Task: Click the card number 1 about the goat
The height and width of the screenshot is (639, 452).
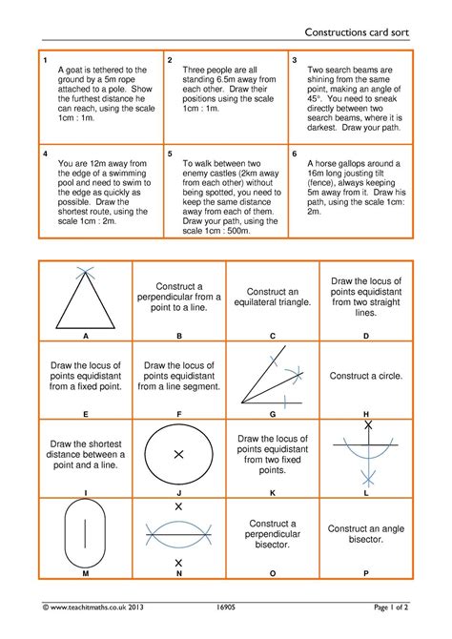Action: pyautogui.click(x=45, y=60)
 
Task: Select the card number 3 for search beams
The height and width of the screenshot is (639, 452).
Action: pyautogui.click(x=295, y=60)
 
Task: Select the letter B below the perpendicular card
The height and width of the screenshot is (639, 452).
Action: pyautogui.click(x=178, y=337)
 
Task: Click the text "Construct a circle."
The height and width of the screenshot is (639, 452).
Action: pyautogui.click(x=365, y=377)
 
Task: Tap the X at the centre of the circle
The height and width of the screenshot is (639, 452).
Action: pyautogui.click(x=178, y=455)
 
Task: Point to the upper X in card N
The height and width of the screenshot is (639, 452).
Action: pyautogui.click(x=178, y=506)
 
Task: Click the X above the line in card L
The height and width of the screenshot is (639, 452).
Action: pyautogui.click(x=366, y=424)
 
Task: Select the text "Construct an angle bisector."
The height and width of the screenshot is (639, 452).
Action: pyautogui.click(x=365, y=533)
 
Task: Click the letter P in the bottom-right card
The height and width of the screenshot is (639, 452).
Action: pyautogui.click(x=366, y=573)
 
